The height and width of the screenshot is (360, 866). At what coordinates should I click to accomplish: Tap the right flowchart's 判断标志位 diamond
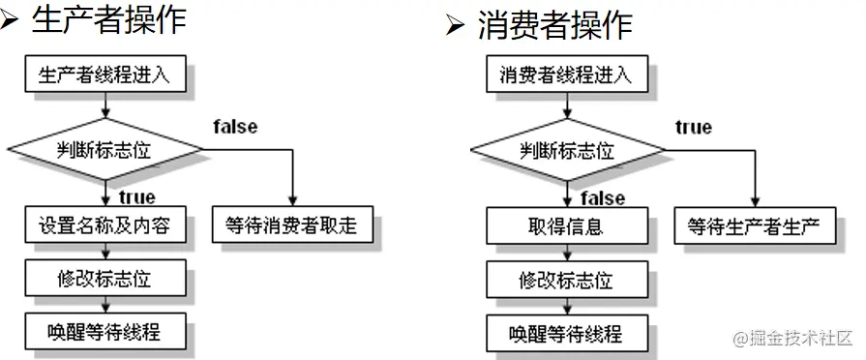[567, 151]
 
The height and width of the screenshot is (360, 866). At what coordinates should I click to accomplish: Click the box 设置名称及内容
[105, 226]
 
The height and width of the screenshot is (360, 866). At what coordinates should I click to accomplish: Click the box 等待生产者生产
[754, 227]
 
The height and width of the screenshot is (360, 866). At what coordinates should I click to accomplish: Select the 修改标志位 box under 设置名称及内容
[105, 280]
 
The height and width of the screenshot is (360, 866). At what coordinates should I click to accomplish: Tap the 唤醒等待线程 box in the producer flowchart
[105, 333]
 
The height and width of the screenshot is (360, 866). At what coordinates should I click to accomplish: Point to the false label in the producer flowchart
[235, 127]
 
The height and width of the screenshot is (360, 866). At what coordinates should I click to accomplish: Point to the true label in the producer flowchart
[137, 198]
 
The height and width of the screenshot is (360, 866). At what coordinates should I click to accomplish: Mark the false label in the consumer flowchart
[603, 198]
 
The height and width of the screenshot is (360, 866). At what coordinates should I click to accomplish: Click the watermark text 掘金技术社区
[802, 339]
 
